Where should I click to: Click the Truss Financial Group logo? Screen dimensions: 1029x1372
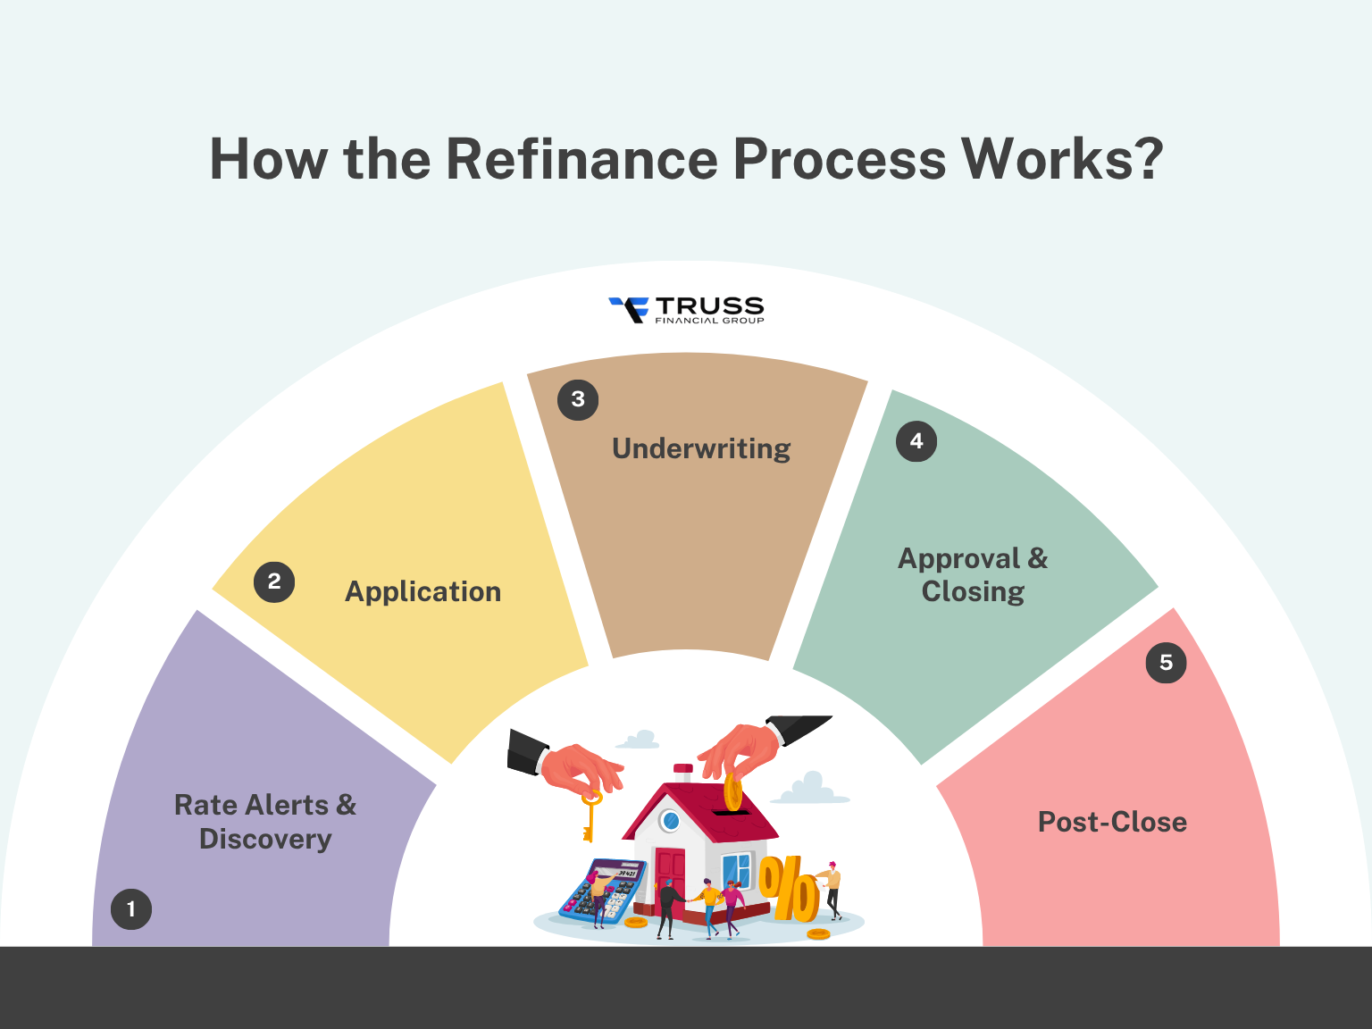(686, 310)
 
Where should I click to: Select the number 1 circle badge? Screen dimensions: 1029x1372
(131, 909)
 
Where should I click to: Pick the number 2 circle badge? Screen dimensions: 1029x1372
(274, 581)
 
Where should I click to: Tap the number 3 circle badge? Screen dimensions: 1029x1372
(578, 399)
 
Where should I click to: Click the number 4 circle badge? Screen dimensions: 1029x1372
(916, 440)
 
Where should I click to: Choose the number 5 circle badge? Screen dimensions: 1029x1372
(1166, 663)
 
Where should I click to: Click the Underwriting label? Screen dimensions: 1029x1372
(701, 448)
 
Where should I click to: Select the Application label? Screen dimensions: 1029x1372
(422, 591)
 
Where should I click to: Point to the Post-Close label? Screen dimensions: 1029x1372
(1112, 822)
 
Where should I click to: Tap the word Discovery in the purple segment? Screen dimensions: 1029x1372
(265, 840)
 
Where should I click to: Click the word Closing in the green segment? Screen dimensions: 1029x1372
(973, 591)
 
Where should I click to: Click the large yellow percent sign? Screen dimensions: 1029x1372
(789, 889)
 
